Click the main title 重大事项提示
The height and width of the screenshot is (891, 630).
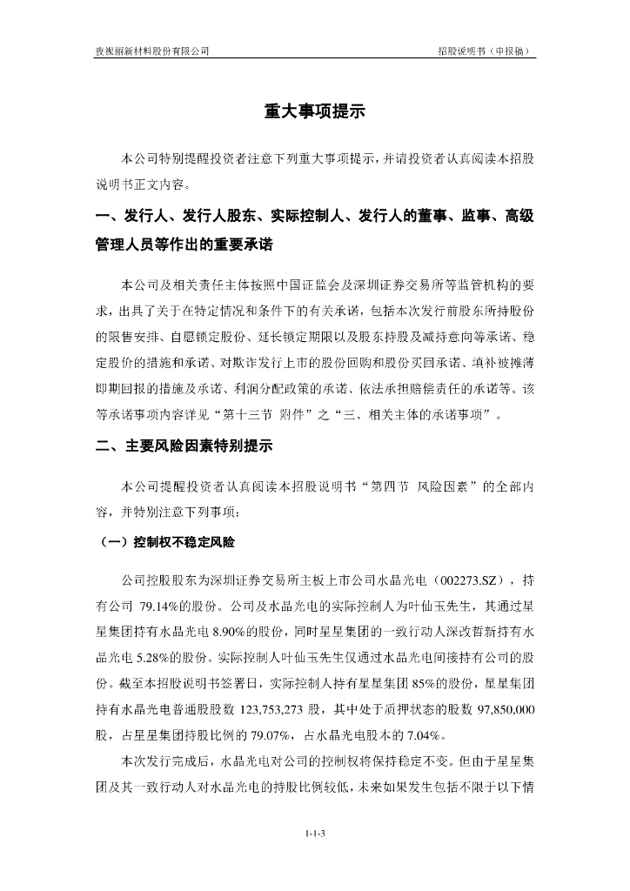314,111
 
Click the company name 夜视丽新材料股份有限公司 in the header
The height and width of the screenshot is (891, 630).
152,51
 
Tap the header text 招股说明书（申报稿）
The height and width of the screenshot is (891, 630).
485,51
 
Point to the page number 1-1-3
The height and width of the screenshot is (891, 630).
315,834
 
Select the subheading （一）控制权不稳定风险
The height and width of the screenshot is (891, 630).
164,541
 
